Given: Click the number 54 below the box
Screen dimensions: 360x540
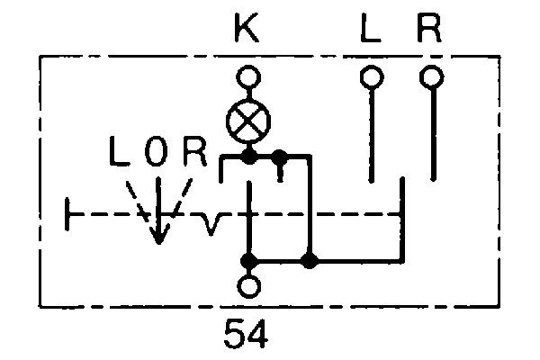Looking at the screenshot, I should [246, 335].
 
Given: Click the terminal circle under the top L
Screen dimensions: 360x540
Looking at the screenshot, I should [370, 77].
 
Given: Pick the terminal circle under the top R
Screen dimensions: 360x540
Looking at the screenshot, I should [433, 77].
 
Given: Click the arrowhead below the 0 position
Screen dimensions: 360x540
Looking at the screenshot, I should [158, 235].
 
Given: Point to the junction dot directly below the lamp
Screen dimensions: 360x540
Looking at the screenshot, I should [249, 158].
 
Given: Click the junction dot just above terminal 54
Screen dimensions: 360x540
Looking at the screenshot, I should [247, 261].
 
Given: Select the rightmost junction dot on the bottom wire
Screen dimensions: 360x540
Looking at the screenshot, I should [309, 261].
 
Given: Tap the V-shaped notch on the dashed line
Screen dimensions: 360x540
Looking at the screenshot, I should [211, 221].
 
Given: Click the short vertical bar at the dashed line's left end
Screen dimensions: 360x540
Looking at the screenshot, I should [69, 215].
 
